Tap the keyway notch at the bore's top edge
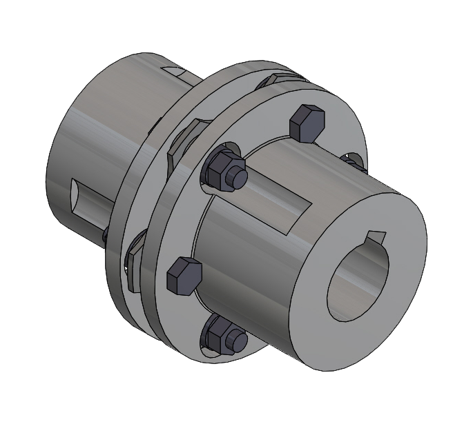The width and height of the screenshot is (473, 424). (x=377, y=237)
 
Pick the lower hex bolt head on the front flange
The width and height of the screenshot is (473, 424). (x=184, y=276)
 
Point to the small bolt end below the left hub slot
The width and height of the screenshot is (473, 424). (x=104, y=235)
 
